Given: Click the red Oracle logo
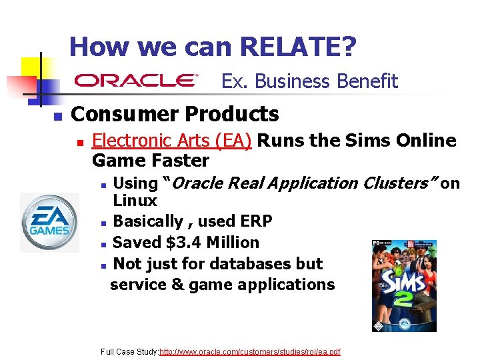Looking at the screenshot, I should (x=136, y=81).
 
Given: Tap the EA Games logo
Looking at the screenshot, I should (x=49, y=223).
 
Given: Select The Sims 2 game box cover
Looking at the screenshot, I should (x=404, y=285).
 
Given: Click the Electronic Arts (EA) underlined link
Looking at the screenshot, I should (x=171, y=141).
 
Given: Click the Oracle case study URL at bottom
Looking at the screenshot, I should (x=250, y=351).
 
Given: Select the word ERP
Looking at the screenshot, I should (x=254, y=221).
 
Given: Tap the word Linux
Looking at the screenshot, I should (x=135, y=201).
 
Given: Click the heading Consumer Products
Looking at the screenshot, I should (x=175, y=114).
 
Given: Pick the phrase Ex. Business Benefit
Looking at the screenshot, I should (x=309, y=81).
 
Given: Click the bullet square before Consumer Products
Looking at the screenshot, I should (x=57, y=116).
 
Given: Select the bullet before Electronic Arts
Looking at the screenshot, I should (x=79, y=142).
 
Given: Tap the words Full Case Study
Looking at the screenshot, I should (x=129, y=351).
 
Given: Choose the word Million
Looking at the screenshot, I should (x=233, y=243).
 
